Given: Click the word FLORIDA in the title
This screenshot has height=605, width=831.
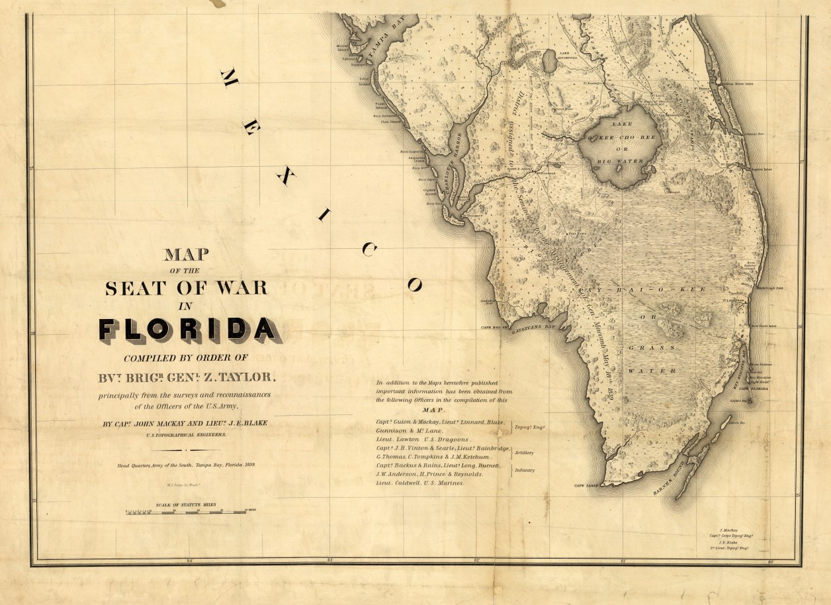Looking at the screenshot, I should tap(187, 329).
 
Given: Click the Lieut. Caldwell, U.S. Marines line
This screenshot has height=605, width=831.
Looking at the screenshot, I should tap(420, 483).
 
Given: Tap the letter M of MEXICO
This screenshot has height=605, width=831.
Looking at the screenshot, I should tap(229, 78).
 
